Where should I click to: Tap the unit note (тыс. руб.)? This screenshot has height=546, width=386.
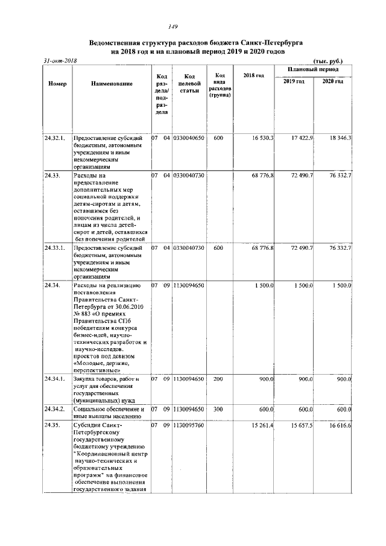328,62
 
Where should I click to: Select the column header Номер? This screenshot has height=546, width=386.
57,83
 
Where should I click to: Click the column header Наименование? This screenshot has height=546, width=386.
112,83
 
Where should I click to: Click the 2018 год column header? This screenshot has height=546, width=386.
254,75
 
